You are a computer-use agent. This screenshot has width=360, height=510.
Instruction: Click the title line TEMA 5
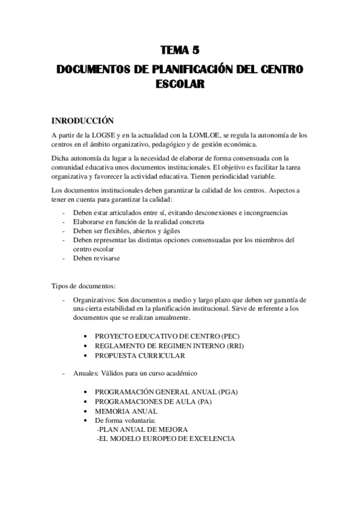coord(180,51)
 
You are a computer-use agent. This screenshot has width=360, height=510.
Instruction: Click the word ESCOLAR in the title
coord(180,85)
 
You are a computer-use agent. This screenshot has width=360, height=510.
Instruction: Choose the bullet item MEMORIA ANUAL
coord(126,411)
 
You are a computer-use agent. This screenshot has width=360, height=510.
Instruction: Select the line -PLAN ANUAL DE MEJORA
coord(142,430)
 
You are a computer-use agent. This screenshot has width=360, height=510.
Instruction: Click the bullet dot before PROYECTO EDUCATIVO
coord(88,336)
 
